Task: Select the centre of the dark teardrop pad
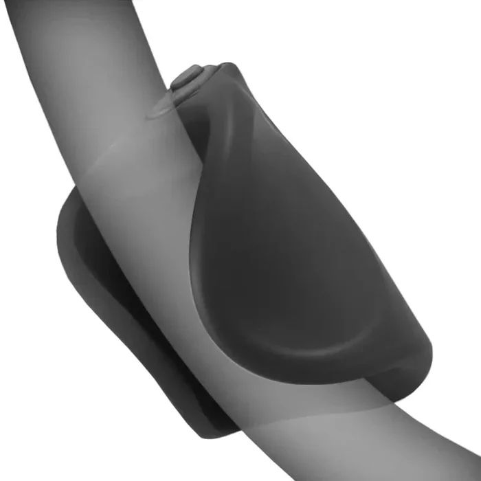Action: click(x=289, y=261)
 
